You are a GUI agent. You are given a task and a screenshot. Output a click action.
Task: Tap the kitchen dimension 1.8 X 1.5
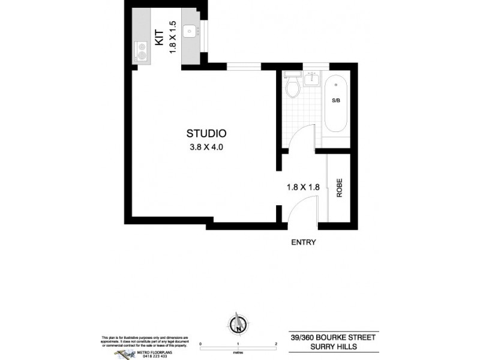point(173,38)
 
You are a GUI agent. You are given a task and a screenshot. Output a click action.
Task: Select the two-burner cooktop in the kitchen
point(142,51)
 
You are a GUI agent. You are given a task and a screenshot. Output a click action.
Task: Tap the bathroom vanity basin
point(312,79)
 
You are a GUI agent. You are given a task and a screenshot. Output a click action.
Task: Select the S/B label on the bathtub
point(335,101)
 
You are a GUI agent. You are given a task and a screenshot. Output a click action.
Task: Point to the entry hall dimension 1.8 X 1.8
point(303,187)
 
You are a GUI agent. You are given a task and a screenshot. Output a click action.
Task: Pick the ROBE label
point(339,190)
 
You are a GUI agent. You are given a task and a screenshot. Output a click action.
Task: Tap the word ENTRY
point(303,242)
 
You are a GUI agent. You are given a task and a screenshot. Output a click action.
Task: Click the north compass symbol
point(239,325)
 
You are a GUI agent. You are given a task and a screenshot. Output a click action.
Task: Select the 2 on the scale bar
point(275,344)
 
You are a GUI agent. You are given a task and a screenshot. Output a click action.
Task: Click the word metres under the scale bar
point(239,352)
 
